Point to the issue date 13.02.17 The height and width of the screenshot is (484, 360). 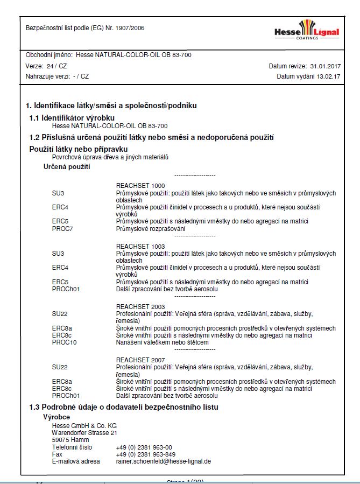click(x=328, y=76)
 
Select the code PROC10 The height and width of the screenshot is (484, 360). click(x=64, y=342)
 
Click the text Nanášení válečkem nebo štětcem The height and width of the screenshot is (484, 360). click(x=162, y=342)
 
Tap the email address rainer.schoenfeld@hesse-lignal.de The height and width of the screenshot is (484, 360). click(x=163, y=461)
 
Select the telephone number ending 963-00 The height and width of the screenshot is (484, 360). click(x=144, y=447)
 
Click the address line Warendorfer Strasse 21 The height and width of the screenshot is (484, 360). click(x=84, y=432)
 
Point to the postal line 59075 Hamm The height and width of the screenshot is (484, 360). click(x=67, y=439)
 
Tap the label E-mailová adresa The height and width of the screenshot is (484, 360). click(x=76, y=461)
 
